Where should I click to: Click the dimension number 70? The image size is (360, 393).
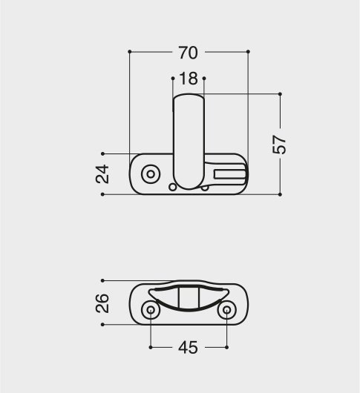point(188,53)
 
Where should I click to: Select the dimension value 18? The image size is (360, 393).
point(189,79)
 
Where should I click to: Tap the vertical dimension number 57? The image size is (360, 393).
point(279,145)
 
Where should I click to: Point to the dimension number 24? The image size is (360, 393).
point(102,174)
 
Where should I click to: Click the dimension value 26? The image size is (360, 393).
point(102,303)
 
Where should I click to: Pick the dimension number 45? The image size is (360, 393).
point(188,347)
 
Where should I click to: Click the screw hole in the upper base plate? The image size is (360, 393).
point(151,174)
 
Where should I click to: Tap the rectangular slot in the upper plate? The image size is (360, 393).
point(229,174)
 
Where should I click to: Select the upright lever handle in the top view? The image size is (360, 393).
point(189,142)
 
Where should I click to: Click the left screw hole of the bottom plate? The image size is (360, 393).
point(151,310)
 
